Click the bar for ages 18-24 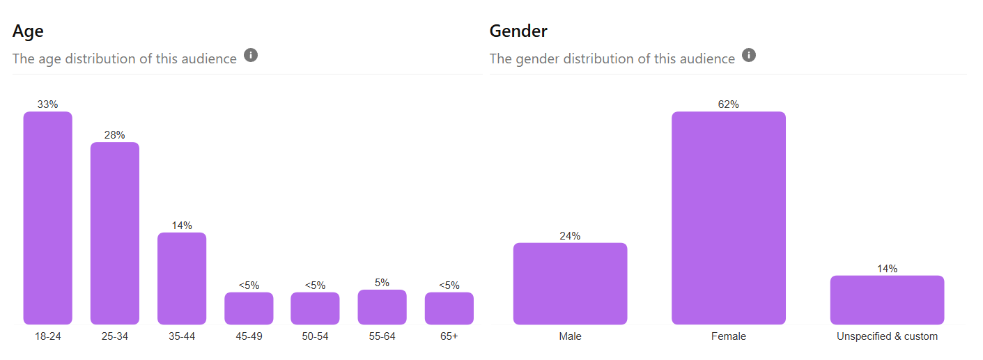point(48,218)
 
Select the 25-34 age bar point(115,233)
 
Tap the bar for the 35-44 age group point(182,279)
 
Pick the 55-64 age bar point(382,307)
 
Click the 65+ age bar point(449,308)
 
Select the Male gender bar point(571,283)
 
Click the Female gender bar point(729,218)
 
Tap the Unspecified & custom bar point(888,300)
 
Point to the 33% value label point(47,104)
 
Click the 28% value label point(114,135)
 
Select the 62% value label point(729,104)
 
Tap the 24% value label point(570,236)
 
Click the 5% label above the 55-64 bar point(382,283)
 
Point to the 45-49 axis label point(249,336)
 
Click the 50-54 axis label point(315,336)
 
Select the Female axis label point(729,336)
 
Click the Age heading point(28,31)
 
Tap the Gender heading point(518,31)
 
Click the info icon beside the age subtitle point(251,55)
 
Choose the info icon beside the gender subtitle point(749,55)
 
